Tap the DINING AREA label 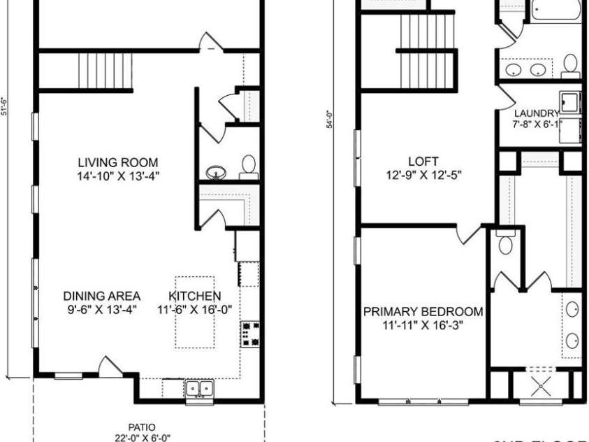pos(102,296)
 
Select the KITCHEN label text pos(195,296)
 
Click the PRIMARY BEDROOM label pos(423,311)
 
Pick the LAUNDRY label pos(537,113)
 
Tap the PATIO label pos(142,427)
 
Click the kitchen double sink pos(199,388)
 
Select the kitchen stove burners pos(249,334)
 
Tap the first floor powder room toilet pos(248,165)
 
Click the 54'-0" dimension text pos(329,118)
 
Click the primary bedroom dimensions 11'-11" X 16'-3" pos(423,325)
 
